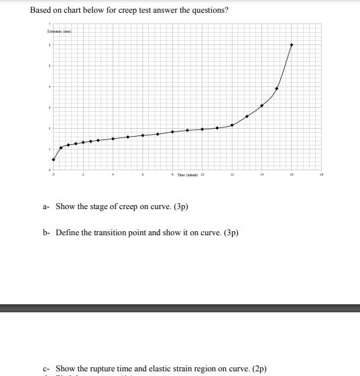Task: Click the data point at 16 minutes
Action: [291, 45]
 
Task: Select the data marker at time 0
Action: [54, 160]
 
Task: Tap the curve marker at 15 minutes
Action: [276, 88]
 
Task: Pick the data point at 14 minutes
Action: [261, 105]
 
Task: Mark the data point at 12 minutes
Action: [232, 125]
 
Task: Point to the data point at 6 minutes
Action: [143, 135]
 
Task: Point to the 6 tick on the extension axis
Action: [49, 45]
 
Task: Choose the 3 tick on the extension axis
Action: [49, 107]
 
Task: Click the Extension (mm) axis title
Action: [59, 32]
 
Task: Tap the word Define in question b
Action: [68, 233]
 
